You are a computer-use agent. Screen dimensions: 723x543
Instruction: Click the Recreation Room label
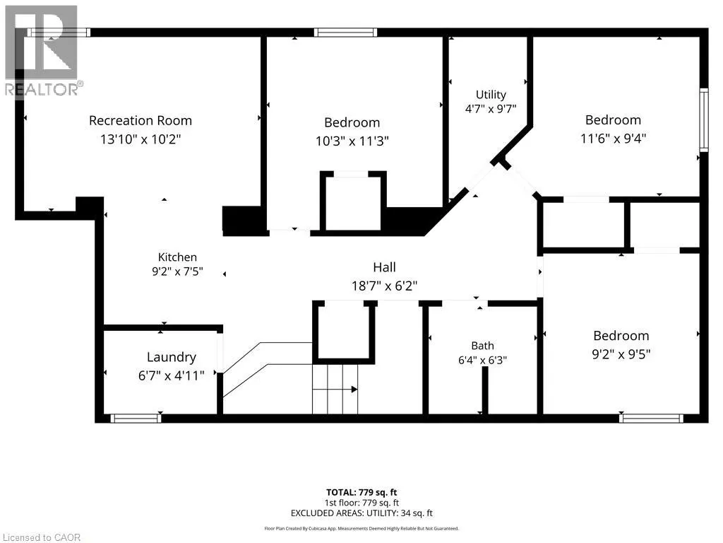141,120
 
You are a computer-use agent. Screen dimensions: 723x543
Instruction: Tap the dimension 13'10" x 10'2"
141,139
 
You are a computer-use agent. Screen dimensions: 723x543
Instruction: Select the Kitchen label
177,257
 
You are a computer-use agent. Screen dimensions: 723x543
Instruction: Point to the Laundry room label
172,357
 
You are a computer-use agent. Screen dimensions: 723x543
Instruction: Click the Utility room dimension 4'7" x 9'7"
491,109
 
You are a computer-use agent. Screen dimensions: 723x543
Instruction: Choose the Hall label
385,267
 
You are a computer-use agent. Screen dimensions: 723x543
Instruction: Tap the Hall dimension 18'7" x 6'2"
385,286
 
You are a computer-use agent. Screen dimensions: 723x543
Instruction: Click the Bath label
483,346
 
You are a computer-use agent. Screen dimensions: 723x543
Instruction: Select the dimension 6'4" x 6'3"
483,360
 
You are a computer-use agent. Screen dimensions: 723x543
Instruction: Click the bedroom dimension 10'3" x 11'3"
352,141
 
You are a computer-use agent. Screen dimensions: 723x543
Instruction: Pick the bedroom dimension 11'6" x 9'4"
614,139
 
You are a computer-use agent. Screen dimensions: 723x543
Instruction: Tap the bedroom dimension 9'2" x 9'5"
621,354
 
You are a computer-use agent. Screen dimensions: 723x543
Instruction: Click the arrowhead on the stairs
354,390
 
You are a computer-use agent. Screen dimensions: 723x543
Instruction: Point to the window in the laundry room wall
136,419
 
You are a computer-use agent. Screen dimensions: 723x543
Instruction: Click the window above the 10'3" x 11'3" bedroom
346,33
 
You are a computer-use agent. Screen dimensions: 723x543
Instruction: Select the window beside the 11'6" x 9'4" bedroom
704,119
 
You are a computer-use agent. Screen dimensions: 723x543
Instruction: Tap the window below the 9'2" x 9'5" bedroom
651,419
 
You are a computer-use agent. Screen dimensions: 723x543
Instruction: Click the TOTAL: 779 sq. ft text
361,492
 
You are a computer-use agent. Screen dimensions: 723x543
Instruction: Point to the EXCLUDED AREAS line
361,513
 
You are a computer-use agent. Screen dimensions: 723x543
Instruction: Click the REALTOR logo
42,51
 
